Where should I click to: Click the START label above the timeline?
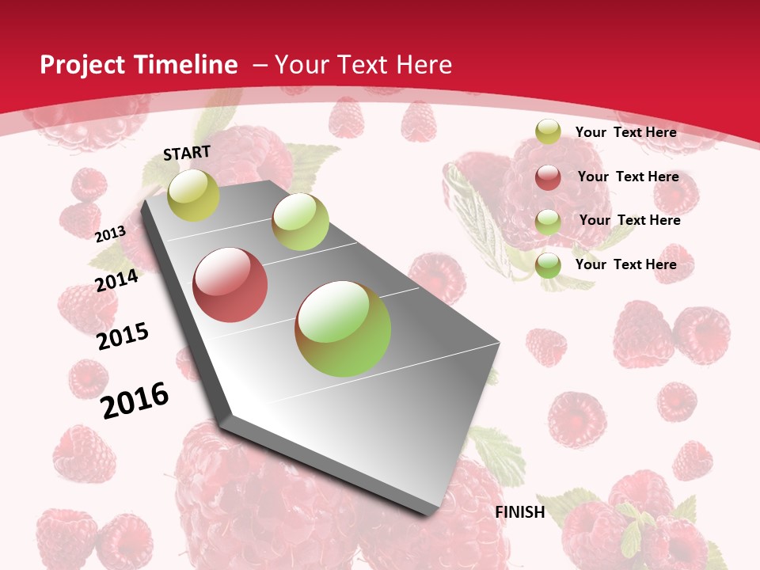coord(187,152)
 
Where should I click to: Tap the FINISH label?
coord(519,512)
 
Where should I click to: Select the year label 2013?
coord(111,234)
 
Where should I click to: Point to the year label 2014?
coord(117,280)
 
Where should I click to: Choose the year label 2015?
coord(123,336)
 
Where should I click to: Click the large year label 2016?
coord(135,400)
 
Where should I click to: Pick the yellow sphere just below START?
coord(193,195)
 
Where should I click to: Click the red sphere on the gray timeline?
coord(230,285)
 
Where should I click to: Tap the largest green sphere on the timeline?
coord(343,329)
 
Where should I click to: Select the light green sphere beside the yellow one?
coord(300,222)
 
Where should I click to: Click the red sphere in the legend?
coord(548,177)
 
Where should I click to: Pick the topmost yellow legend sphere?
coord(548,132)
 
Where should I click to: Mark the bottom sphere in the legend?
coord(548,265)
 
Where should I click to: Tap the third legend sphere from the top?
coord(548,221)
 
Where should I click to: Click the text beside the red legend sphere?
coord(628,177)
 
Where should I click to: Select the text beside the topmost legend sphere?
coord(625,132)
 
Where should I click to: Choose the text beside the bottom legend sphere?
coord(625,264)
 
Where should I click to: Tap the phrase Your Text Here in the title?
coord(363,65)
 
